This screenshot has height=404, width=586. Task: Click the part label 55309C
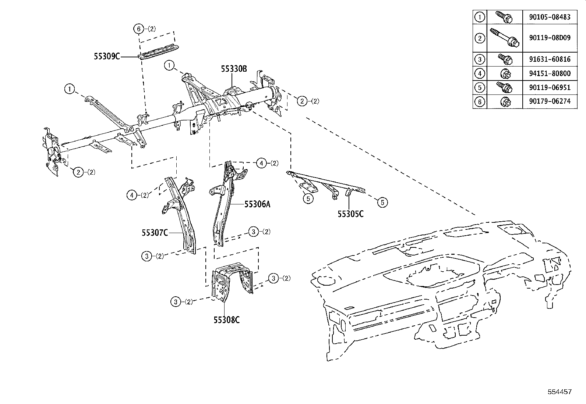click(x=107, y=57)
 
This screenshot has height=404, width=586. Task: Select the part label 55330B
click(x=234, y=69)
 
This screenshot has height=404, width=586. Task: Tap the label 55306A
click(x=257, y=204)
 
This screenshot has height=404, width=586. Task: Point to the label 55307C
click(x=155, y=232)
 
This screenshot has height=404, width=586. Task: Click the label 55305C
click(x=350, y=214)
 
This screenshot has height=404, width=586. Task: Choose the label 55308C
click(x=226, y=320)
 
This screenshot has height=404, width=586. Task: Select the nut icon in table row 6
click(x=505, y=102)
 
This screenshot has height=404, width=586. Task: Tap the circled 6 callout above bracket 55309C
click(x=138, y=29)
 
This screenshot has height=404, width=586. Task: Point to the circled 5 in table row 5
click(x=480, y=87)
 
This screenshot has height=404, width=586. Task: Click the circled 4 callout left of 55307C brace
click(x=132, y=195)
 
